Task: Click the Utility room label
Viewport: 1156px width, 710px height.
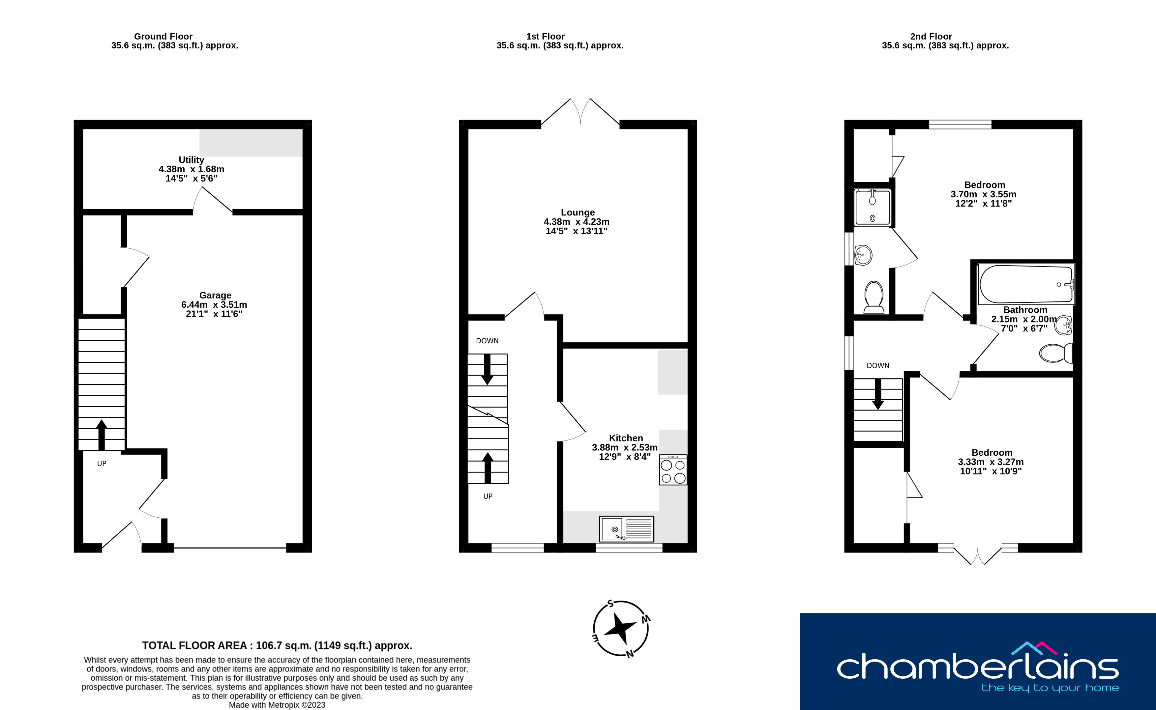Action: pyautogui.click(x=191, y=160)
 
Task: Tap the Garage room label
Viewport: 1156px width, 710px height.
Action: pyautogui.click(x=215, y=295)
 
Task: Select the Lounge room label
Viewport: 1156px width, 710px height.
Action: pyautogui.click(x=578, y=212)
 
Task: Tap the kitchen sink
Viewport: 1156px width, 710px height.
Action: pyautogui.click(x=627, y=529)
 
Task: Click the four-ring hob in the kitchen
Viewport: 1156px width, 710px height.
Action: pyautogui.click(x=673, y=469)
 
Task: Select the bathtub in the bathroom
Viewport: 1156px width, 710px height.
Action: pyautogui.click(x=1026, y=284)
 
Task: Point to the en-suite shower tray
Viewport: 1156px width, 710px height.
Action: pyautogui.click(x=872, y=208)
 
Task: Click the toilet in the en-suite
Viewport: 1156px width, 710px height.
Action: pyautogui.click(x=874, y=297)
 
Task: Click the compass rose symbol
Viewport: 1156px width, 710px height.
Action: pyautogui.click(x=621, y=628)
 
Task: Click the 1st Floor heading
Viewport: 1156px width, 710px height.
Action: pyautogui.click(x=545, y=36)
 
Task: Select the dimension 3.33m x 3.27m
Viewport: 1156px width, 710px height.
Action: pyautogui.click(x=991, y=462)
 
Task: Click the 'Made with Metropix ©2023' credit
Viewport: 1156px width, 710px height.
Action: pyautogui.click(x=277, y=705)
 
